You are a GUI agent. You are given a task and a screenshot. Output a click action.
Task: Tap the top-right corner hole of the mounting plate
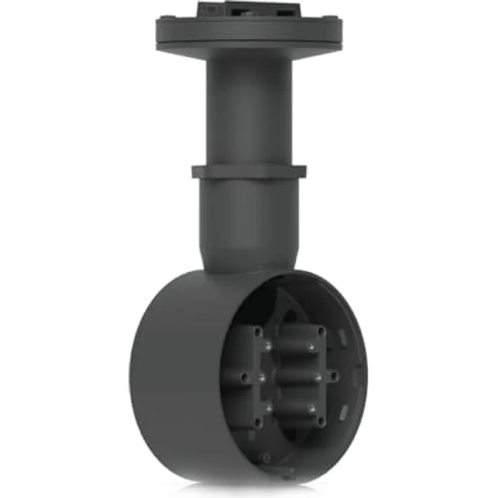pos(321,332)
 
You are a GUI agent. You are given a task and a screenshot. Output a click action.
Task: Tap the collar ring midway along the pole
pos(248,172)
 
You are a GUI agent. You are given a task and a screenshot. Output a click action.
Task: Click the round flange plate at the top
pos(248,30)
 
